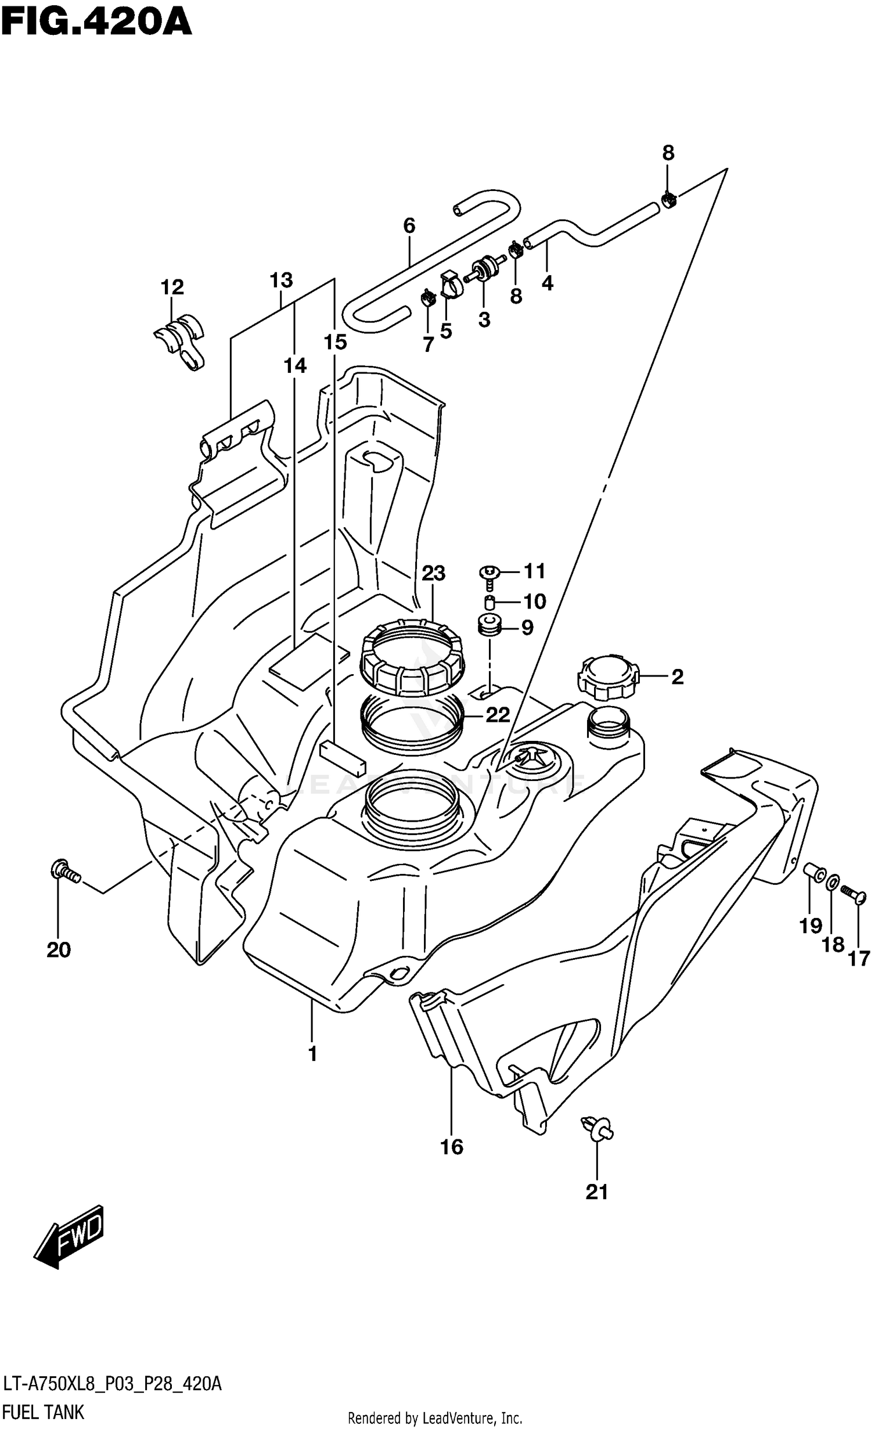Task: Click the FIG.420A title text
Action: [x=96, y=23]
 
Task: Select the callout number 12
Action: [x=172, y=287]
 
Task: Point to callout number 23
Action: [x=433, y=574]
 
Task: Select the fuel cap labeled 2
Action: [x=607, y=677]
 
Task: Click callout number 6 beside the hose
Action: [x=409, y=226]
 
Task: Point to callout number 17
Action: [x=859, y=959]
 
